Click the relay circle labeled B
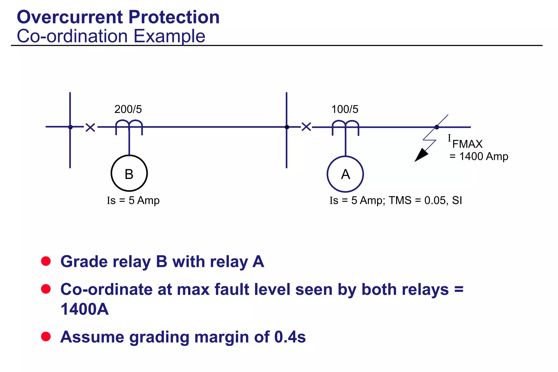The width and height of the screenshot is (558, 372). (129, 173)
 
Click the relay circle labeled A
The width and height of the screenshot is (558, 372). (345, 174)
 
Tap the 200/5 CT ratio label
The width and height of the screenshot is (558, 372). (128, 109)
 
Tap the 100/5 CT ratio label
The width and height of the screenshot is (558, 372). (345, 109)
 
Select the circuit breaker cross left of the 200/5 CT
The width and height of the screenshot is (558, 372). (90, 127)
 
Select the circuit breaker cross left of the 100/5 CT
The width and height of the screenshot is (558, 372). (306, 127)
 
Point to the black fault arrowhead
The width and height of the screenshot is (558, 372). (420, 156)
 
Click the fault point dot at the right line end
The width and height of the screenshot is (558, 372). (437, 127)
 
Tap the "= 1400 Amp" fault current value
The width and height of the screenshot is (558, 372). (479, 156)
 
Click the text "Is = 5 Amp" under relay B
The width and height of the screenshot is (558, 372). (133, 200)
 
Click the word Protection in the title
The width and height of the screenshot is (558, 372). (174, 17)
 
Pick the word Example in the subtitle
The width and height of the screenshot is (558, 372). (169, 36)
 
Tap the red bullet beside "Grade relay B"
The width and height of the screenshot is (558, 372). (46, 261)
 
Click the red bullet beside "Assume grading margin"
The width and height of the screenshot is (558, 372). (46, 336)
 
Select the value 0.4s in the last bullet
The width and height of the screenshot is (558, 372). (290, 337)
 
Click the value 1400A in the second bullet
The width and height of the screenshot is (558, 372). (84, 309)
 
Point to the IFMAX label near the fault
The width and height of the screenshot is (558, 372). (465, 141)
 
